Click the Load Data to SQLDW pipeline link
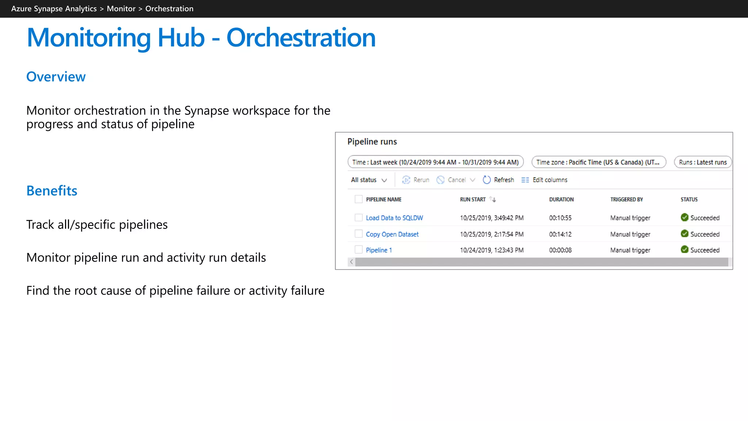pos(394,218)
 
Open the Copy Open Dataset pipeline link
pos(392,234)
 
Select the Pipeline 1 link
pos(378,250)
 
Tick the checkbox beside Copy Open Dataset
pos(359,234)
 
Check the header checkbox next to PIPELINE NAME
pos(359,199)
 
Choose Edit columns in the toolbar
pos(545,180)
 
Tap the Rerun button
pos(416,180)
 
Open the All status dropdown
pos(369,180)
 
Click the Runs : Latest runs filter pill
pos(703,162)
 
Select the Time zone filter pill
pos(598,162)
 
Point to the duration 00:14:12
pos(560,234)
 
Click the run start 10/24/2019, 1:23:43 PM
pos(492,250)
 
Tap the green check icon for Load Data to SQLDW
pos(684,217)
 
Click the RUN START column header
pos(473,200)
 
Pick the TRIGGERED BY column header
pos(626,200)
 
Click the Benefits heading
pos(52,191)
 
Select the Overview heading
pos(56,77)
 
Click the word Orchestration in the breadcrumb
pos(169,9)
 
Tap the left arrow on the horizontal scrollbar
pos(351,262)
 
